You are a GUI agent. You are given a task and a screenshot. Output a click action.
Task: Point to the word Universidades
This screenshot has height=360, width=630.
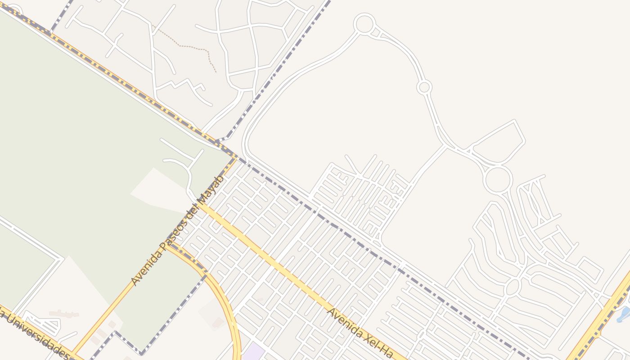(x=34, y=333)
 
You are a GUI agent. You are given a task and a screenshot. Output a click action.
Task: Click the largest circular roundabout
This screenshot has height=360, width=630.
(x=497, y=180)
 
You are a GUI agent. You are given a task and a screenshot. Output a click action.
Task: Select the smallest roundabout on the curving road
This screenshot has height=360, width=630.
(x=424, y=87)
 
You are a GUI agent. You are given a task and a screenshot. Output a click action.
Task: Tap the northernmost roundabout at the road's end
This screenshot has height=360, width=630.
(x=364, y=24)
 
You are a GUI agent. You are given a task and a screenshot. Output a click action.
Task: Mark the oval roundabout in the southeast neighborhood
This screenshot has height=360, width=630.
(x=513, y=287)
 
